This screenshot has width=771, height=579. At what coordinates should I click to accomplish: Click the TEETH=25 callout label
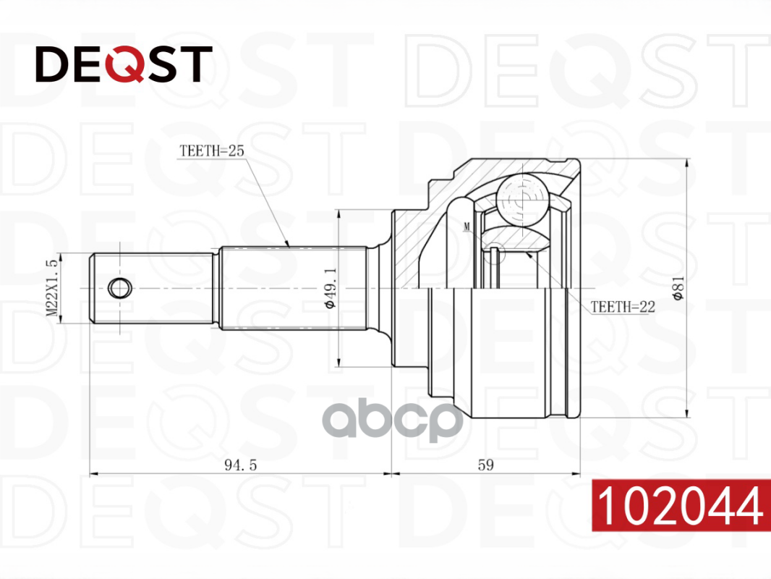tap(211, 151)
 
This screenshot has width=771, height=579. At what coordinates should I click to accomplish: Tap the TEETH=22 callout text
tap(623, 307)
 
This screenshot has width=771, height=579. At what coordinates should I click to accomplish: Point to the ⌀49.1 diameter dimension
tap(330, 288)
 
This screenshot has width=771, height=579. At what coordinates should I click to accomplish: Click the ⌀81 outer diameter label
tap(678, 288)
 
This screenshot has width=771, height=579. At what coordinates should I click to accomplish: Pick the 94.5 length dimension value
tap(240, 465)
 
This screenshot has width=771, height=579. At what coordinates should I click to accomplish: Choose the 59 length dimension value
tap(486, 465)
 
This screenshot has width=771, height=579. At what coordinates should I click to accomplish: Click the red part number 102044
tap(681, 505)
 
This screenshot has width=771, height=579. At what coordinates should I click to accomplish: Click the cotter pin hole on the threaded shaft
tap(119, 288)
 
